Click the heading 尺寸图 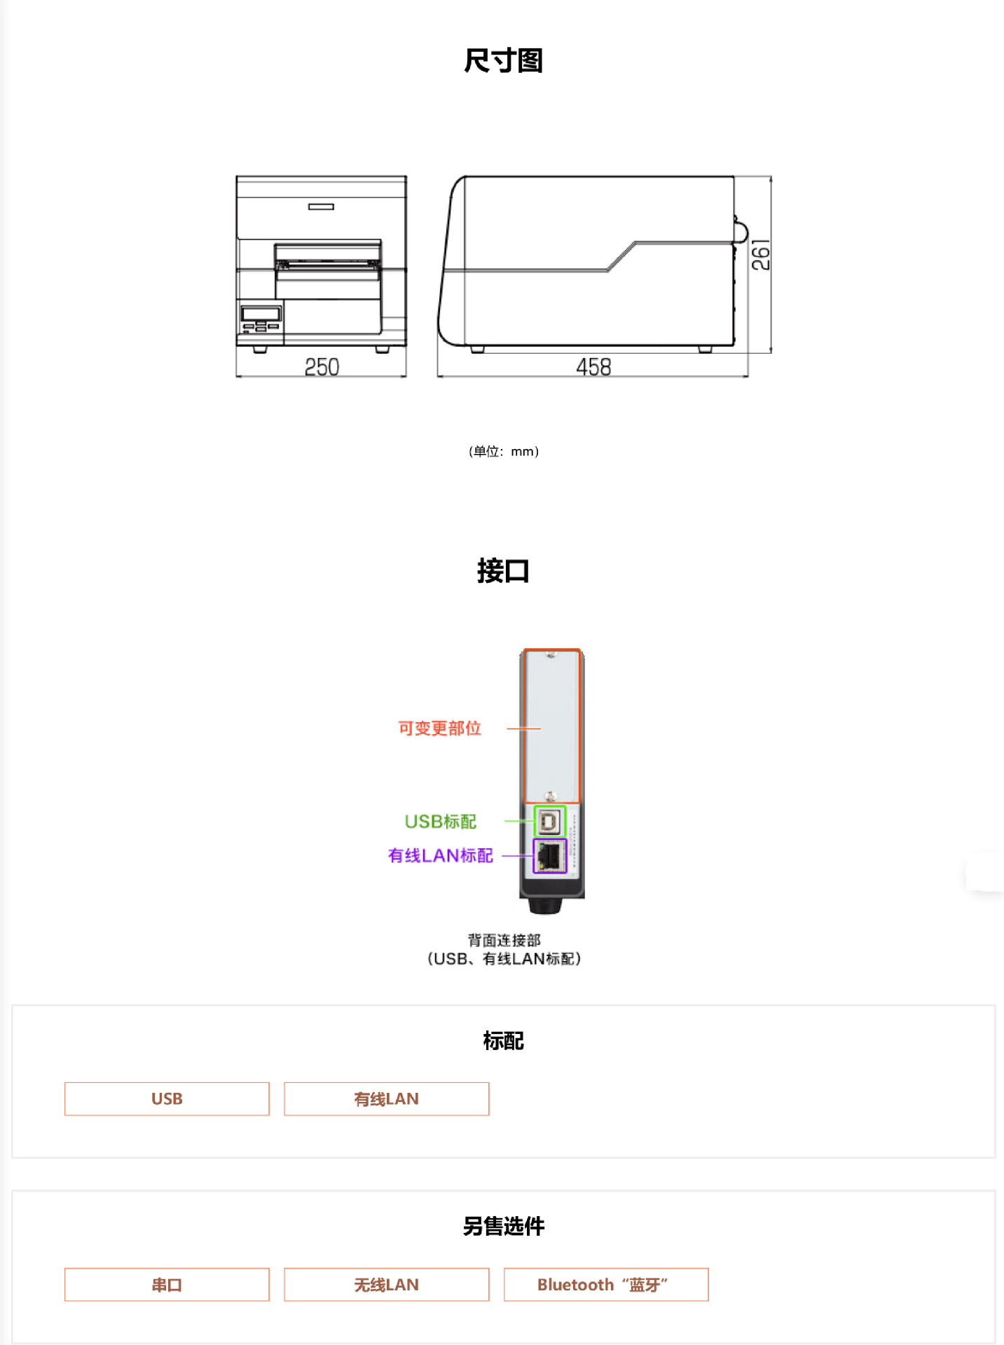pos(503,61)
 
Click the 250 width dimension pos(322,367)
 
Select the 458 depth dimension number pos(593,367)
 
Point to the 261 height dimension pos(760,255)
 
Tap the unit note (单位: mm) pos(503,452)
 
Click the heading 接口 pos(503,571)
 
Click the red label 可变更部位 pos(439,729)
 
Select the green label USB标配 pos(440,821)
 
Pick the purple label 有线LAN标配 pos(440,855)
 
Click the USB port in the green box pos(550,821)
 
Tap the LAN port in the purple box pos(550,855)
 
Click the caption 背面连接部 pos(504,940)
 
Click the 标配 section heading pos(503,1041)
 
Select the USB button pos(167,1098)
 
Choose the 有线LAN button pos(386,1098)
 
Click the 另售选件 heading pos(503,1226)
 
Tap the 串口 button pos(167,1285)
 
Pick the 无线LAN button pos(386,1285)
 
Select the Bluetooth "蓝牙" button pos(605,1285)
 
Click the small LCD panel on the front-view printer pos(261,312)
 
